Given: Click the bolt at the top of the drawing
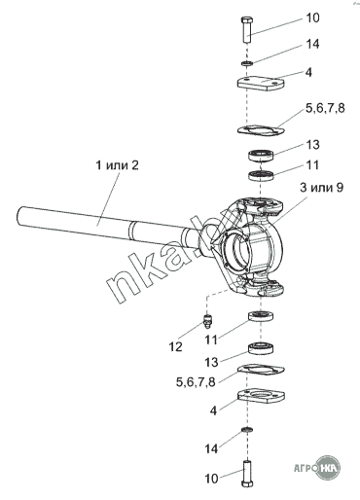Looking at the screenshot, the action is point(247,29).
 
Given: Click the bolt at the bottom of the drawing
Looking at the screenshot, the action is point(247,473).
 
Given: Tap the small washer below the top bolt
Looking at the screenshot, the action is point(247,63).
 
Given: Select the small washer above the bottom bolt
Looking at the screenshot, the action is point(247,430).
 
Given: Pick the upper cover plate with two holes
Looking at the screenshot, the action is point(261,83).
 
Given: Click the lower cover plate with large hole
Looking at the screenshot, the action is point(261,396).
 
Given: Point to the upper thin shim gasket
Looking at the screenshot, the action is point(261,129).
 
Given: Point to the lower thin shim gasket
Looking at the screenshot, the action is point(261,370).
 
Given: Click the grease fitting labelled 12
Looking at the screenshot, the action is point(206,320).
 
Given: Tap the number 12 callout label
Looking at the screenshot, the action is point(175,347).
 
